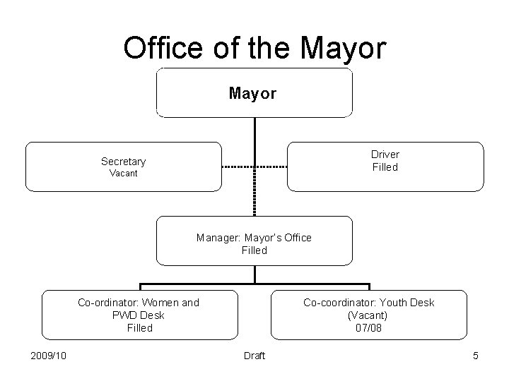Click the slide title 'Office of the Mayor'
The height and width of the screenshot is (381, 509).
(x=255, y=48)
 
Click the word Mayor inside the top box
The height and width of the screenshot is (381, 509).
(x=253, y=93)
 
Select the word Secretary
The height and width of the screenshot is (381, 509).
(x=123, y=162)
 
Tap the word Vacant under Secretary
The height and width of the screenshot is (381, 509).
(x=123, y=174)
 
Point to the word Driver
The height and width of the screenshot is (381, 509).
(x=385, y=155)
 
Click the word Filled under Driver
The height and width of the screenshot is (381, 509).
(x=385, y=167)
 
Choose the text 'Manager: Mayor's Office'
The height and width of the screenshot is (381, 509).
(x=254, y=238)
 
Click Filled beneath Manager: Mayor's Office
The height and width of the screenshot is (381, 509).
(x=254, y=250)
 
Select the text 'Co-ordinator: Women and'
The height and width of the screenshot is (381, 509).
(x=139, y=303)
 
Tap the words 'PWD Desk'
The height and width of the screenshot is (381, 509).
(x=139, y=315)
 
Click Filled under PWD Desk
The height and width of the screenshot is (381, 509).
(x=139, y=328)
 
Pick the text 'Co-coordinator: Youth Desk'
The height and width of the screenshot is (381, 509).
(x=369, y=303)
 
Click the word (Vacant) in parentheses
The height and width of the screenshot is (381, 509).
(x=369, y=315)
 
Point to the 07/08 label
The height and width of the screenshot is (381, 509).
(x=369, y=328)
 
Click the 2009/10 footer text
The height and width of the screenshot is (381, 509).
(x=49, y=356)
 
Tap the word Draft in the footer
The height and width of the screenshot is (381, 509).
(x=254, y=356)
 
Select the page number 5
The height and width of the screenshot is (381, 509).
(x=476, y=356)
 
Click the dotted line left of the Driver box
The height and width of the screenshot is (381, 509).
(x=271, y=167)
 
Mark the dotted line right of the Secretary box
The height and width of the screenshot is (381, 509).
(x=238, y=167)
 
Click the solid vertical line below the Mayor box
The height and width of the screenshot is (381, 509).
(x=255, y=138)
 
